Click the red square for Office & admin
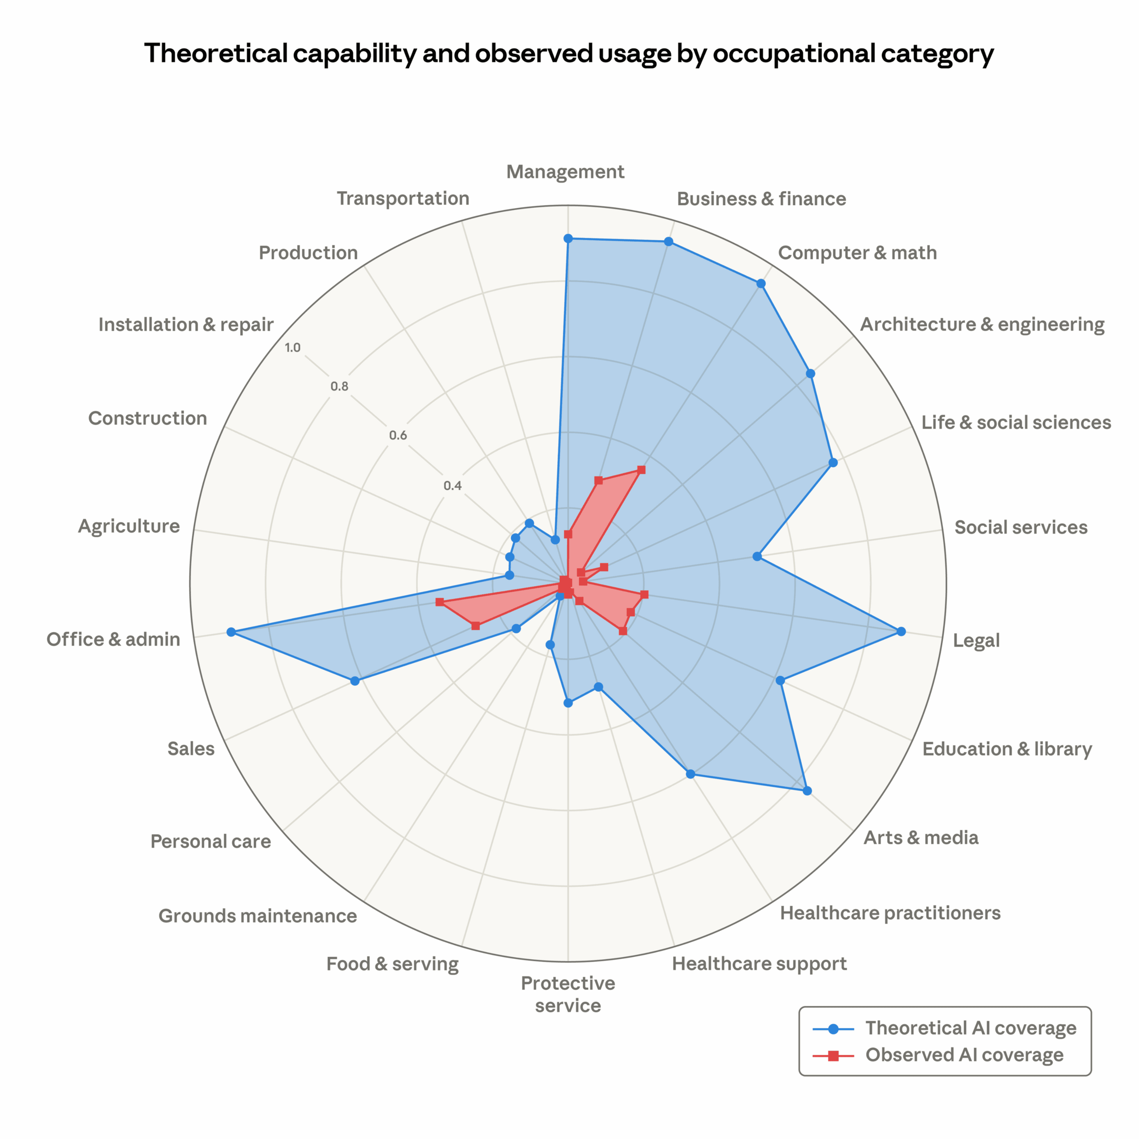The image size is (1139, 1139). (439, 602)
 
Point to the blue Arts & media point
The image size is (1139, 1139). (807, 791)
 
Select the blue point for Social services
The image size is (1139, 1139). (757, 556)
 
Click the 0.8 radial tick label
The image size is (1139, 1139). (339, 387)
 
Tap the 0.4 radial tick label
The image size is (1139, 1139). (453, 486)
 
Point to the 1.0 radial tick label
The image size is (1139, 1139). (292, 347)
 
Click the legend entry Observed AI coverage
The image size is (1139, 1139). (964, 1055)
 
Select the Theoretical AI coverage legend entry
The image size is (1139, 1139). (970, 1028)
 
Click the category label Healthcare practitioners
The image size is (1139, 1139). (890, 913)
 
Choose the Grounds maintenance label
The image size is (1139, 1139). (258, 916)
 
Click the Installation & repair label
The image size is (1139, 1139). (186, 324)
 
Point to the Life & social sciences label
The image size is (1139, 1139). (1016, 422)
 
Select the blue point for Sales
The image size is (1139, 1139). (354, 681)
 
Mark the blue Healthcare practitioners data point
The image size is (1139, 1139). (691, 773)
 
